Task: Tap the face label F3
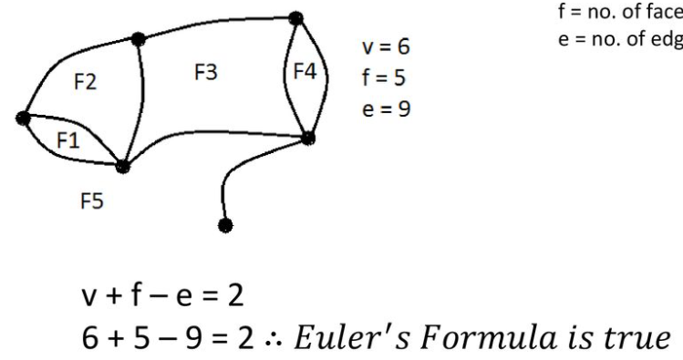click(x=205, y=73)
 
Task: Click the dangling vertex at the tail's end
click(x=225, y=224)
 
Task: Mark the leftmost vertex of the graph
click(x=23, y=117)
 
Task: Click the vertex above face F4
click(x=295, y=17)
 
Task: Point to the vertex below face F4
click(x=308, y=139)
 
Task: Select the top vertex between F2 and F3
click(x=139, y=38)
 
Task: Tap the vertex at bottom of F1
click(x=123, y=167)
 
